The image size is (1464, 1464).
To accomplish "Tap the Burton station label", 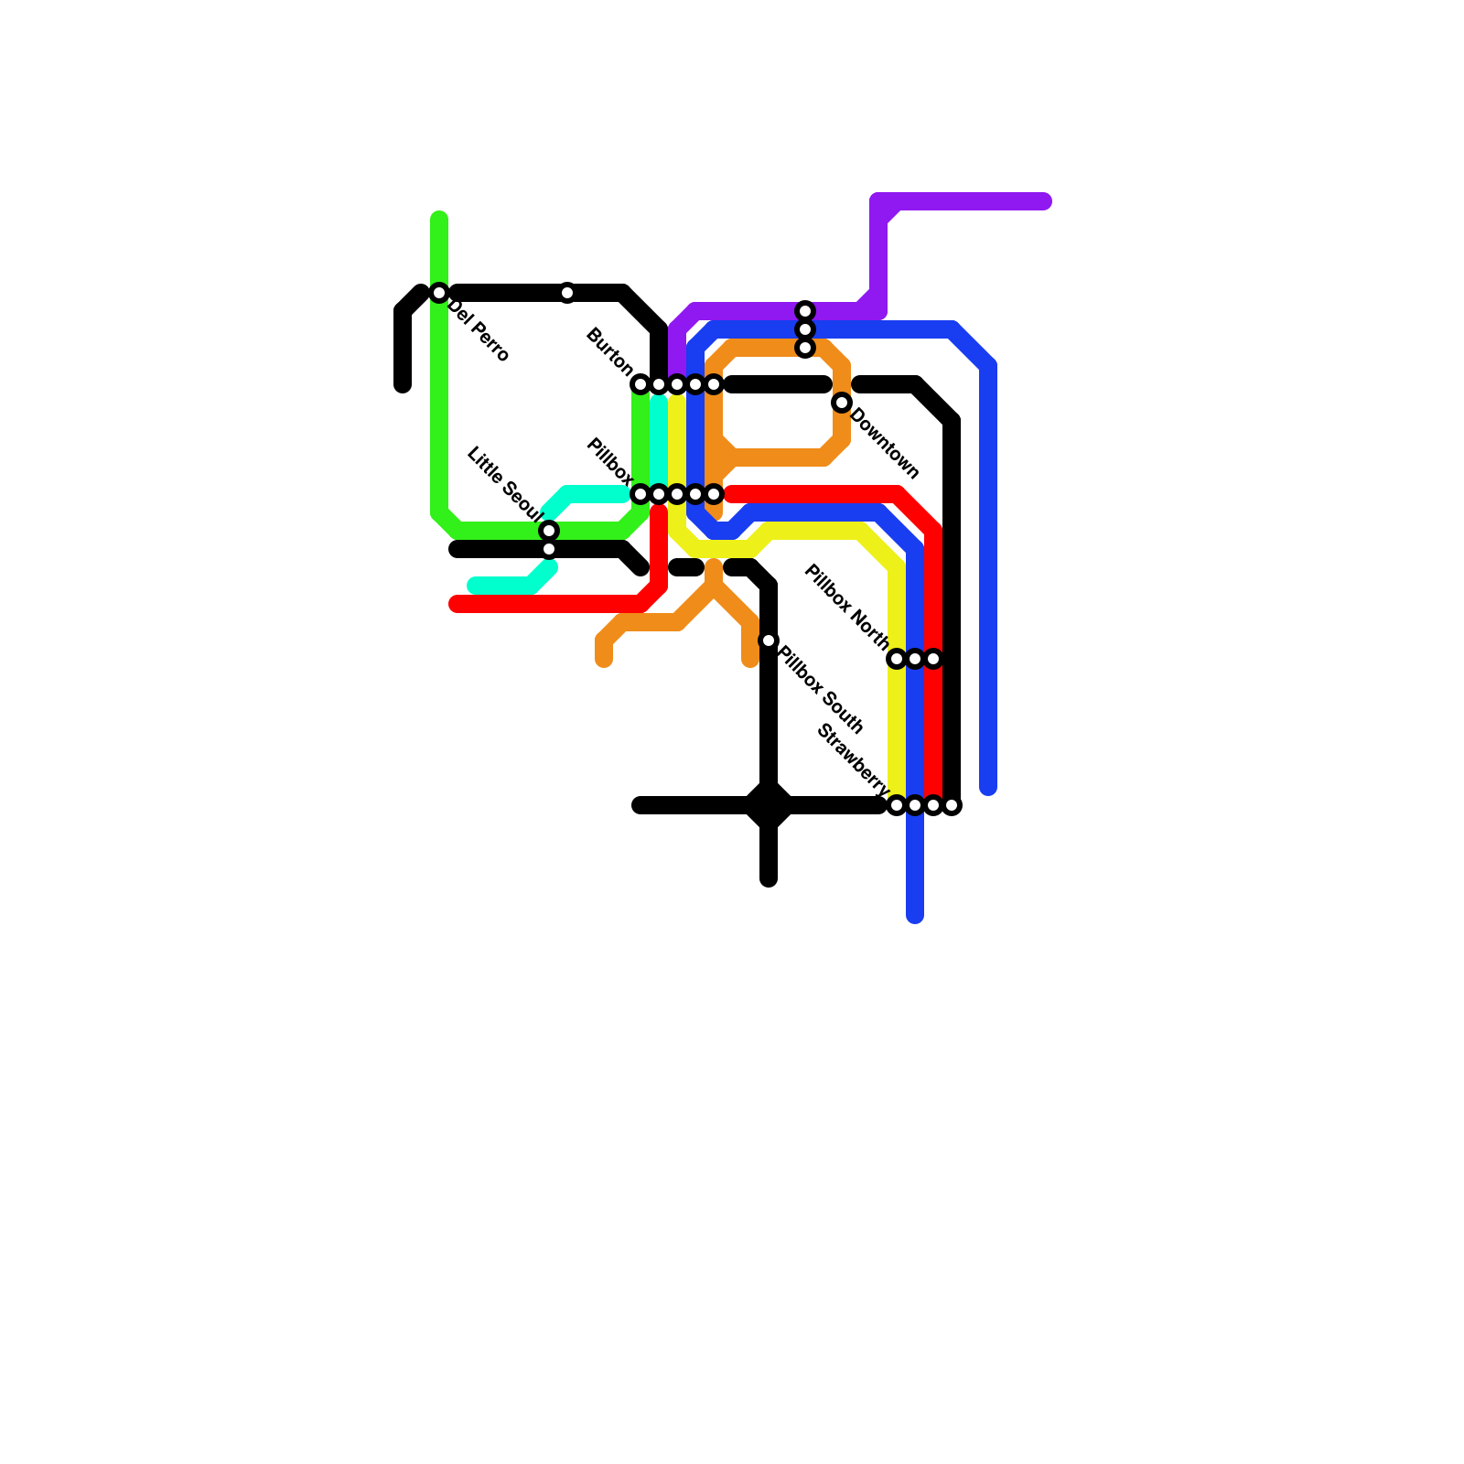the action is [608, 350].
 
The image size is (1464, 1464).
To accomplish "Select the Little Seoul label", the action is [504, 480].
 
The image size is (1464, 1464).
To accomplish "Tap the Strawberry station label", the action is [852, 759].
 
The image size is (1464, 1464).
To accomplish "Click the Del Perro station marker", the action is [439, 293].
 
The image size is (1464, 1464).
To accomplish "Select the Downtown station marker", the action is [842, 403].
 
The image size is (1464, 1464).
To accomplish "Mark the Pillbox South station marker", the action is [769, 640].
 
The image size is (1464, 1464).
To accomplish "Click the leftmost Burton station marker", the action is [640, 384].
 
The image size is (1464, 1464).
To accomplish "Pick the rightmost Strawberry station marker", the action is [952, 805].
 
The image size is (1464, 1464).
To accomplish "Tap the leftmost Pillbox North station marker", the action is [897, 659].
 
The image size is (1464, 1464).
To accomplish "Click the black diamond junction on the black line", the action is [769, 805].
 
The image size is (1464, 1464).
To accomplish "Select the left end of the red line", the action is [456, 604].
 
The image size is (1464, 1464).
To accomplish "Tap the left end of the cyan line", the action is [474, 586].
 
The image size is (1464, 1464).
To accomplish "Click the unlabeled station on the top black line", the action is [567, 293].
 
